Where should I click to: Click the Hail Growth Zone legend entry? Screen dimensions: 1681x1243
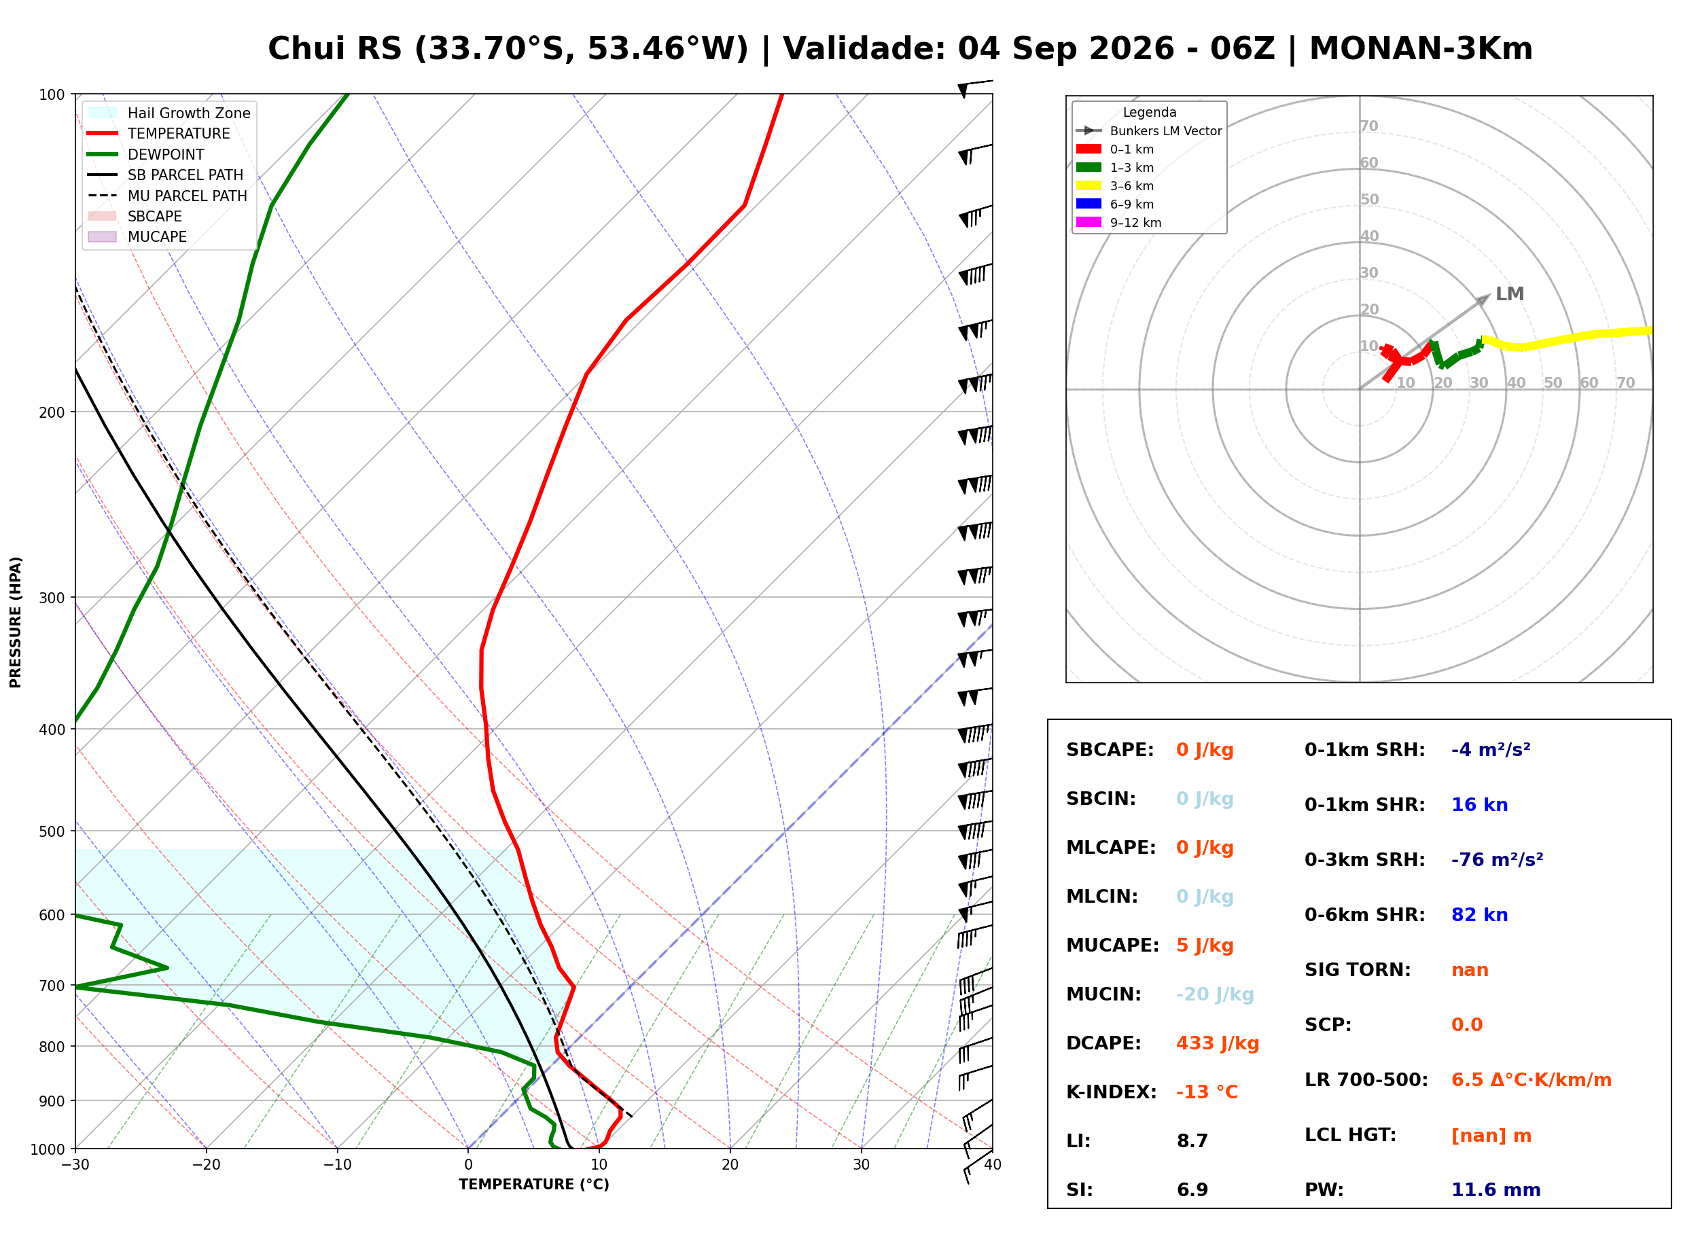tap(169, 113)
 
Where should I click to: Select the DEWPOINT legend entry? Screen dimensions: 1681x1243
tap(146, 154)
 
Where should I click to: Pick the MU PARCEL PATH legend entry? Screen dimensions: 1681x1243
tap(168, 196)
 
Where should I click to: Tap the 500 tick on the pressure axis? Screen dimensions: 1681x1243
tap(52, 831)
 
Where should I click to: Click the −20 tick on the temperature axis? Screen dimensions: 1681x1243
tap(206, 1166)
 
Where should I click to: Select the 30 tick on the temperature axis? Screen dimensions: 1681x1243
tap(862, 1166)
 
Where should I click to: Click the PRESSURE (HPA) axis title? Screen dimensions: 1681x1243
tap(16, 622)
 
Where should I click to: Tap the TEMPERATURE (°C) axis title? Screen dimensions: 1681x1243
tap(534, 1185)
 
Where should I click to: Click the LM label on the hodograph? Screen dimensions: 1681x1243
tap(1510, 294)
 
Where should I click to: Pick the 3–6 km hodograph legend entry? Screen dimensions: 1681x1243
tap(1119, 186)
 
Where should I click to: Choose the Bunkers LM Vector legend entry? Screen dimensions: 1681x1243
tap(1149, 131)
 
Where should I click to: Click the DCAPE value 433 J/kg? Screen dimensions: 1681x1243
tap(1218, 1043)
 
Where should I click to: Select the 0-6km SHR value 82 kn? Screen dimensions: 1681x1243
tap(1479, 915)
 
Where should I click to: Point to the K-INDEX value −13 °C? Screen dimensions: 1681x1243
tap(1207, 1092)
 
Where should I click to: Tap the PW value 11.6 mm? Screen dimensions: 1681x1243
tap(1496, 1190)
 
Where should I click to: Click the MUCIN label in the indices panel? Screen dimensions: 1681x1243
tap(1104, 994)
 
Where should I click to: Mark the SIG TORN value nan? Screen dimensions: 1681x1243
tap(1470, 970)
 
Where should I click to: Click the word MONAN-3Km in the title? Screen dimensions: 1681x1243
tap(1421, 49)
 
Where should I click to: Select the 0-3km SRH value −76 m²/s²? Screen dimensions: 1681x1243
tap(1498, 860)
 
